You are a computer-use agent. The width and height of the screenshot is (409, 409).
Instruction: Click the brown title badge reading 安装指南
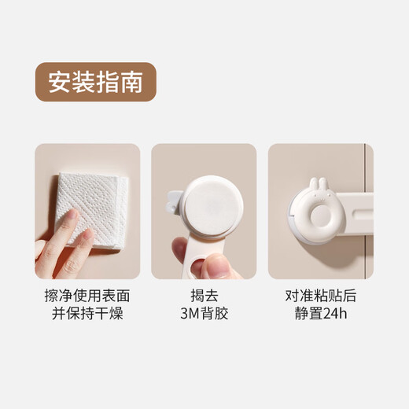(96, 83)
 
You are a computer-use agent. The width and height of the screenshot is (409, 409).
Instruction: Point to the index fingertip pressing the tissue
(70, 216)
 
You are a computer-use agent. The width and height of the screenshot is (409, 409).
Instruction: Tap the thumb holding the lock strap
(215, 263)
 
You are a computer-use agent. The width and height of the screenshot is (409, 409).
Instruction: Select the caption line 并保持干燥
(87, 315)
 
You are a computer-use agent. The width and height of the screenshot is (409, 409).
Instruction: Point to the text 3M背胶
(204, 315)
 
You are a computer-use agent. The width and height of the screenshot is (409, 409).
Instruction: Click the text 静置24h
(321, 315)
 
